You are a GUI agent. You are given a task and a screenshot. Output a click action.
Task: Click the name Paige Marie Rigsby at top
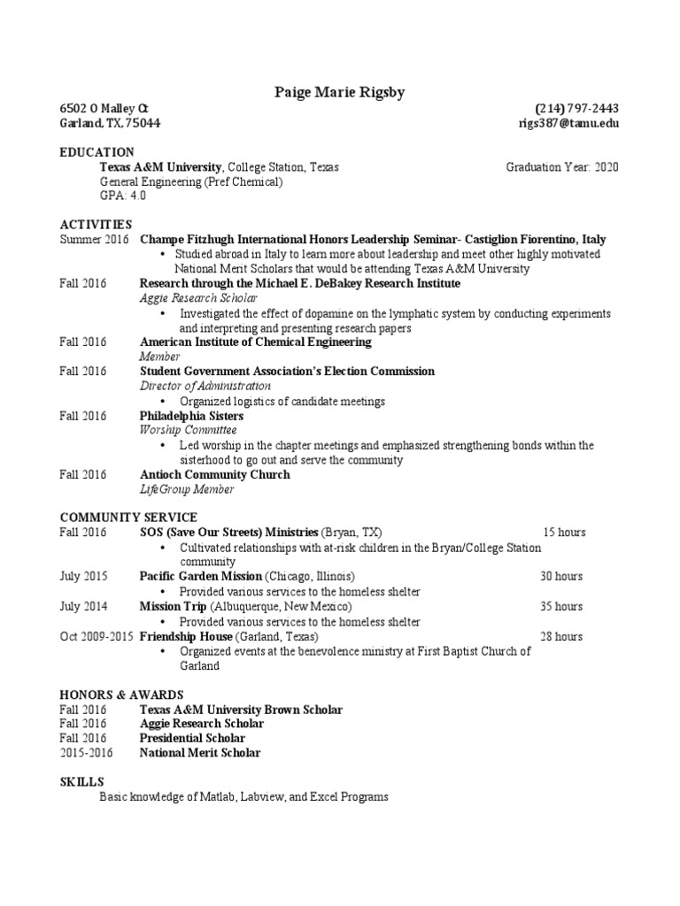339,92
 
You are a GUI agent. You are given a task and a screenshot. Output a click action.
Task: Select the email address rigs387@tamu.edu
568,123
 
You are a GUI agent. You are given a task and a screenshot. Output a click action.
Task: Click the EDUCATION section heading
97,152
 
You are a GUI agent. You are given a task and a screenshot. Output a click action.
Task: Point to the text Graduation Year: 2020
562,166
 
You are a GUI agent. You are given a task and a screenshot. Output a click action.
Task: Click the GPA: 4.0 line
123,196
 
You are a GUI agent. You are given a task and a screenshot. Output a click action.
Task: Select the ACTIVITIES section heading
96,225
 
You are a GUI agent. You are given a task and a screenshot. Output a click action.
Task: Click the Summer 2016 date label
94,239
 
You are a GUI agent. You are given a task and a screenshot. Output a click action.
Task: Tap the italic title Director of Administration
205,386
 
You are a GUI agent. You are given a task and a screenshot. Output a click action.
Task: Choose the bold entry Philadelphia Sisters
191,415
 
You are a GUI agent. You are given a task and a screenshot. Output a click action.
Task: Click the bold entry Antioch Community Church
214,474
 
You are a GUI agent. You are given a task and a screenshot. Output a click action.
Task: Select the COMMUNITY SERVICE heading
128,518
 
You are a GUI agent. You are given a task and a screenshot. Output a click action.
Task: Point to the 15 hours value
563,533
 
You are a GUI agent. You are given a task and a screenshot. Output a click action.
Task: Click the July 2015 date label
83,576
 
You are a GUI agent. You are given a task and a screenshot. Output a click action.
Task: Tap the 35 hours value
561,606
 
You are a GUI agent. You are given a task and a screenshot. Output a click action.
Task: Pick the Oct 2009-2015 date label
97,636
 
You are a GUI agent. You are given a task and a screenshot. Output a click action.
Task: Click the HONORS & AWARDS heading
121,695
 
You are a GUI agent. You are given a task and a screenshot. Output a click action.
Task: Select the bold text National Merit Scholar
200,753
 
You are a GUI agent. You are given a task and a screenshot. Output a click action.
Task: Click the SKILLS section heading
81,782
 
